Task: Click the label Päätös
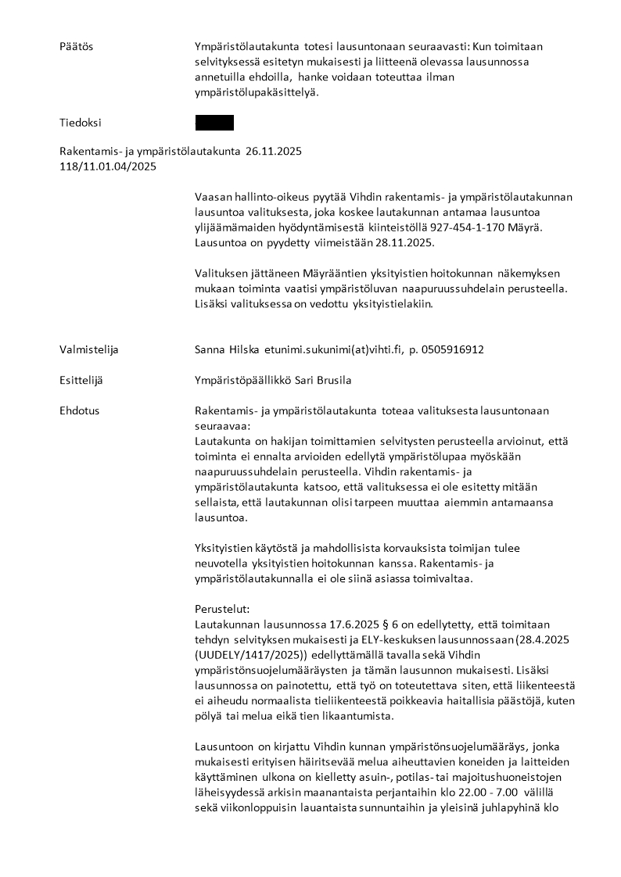76,47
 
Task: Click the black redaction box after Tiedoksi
214,123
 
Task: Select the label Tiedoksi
81,123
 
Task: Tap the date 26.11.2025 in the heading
274,151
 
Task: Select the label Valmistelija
90,349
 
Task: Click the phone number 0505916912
450,349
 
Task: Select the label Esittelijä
81,380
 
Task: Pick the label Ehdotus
80,410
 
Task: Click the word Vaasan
214,196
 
